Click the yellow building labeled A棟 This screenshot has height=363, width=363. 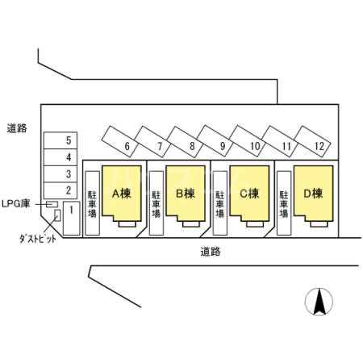122,193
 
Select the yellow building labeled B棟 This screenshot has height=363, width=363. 186,193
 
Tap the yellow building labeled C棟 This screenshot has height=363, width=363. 249,193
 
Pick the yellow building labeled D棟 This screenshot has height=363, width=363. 314,193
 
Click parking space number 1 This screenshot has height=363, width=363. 71,218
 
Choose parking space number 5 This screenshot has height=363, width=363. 60,140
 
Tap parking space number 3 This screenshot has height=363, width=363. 60,173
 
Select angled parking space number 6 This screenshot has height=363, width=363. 120,141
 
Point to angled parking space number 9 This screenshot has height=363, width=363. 215,140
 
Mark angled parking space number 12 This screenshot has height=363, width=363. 312,141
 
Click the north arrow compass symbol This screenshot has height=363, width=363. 319,302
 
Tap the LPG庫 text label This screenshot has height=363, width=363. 15,204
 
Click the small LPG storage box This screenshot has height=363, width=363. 52,204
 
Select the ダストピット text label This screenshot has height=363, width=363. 38,239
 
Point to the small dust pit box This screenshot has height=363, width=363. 57,215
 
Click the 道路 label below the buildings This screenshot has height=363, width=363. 211,252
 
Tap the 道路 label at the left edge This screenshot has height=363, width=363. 17,128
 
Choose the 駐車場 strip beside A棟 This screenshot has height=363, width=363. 93,203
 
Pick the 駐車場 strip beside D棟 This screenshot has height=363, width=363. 284,203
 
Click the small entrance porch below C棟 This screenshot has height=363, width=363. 255,224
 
